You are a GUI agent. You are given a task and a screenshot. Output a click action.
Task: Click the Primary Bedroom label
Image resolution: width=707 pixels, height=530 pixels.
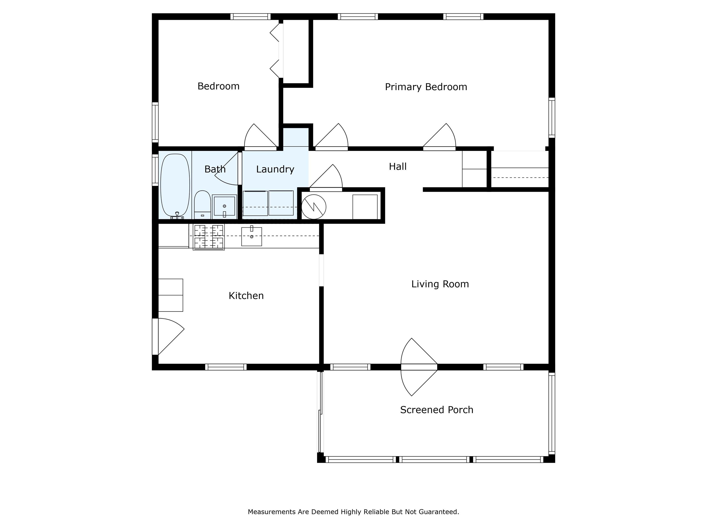tap(426, 87)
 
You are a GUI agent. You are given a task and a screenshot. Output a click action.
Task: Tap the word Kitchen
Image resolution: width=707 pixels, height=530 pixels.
tap(246, 296)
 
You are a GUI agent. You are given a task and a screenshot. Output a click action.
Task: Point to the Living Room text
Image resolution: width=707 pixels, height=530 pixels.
tap(440, 284)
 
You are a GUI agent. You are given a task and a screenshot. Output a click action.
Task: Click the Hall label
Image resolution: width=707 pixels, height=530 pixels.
tap(398, 167)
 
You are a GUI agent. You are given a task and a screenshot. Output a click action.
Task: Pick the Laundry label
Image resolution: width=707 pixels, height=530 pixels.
tap(275, 169)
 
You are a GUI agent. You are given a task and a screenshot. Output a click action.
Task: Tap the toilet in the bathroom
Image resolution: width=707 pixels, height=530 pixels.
tap(202, 205)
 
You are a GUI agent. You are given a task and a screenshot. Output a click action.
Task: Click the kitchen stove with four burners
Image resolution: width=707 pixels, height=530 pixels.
tap(209, 237)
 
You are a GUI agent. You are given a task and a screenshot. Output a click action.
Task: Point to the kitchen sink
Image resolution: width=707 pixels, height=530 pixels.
tap(252, 236)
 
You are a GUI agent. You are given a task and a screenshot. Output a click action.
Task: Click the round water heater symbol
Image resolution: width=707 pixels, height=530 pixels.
tap(314, 207)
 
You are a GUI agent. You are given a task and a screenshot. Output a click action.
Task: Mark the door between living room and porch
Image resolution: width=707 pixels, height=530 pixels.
tap(419, 367)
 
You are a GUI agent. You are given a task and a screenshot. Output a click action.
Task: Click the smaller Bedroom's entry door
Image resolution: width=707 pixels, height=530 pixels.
tap(261, 137)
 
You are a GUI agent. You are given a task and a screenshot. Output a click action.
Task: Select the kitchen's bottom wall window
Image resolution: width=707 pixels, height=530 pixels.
tap(226, 367)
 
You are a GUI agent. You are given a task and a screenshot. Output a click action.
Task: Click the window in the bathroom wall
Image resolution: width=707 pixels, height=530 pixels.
tap(155, 170)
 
